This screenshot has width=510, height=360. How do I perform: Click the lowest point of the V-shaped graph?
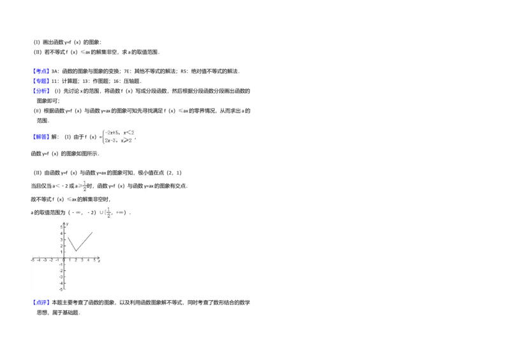pos(75,251)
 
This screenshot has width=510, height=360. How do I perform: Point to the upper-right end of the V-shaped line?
pos(92,233)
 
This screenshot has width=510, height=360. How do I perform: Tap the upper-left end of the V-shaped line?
pos(69,238)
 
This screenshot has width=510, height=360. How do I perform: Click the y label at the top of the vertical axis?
pos(67,224)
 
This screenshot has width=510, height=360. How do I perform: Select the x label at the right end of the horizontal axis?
pos(99,261)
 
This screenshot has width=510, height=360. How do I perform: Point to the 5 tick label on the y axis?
pos(62,227)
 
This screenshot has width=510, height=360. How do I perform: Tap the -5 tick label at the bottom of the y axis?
pos(61,290)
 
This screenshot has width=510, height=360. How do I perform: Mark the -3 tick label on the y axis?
pos(61,277)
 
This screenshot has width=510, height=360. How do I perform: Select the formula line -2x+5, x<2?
pos(120,133)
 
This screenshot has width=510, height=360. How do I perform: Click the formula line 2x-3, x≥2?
pos(119,140)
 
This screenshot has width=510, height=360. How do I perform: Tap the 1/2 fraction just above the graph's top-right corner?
pos(108,212)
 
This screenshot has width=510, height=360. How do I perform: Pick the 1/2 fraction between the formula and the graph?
pos(85,185)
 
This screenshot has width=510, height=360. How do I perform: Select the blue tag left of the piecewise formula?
pos(41,137)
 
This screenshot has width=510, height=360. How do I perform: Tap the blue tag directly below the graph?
pos(41,301)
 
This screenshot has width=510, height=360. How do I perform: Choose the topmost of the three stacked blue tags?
pos(41,71)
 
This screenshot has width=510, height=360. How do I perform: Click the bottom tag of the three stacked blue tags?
pos(41,91)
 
